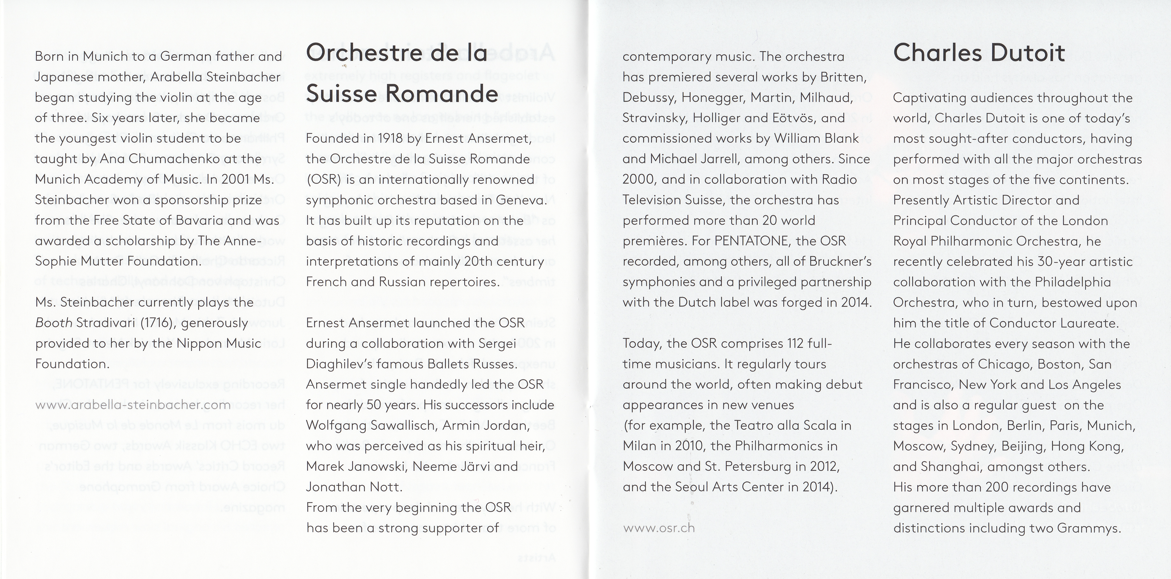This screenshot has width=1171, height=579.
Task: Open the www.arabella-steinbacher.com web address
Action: (133, 405)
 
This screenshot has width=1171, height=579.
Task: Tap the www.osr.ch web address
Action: (659, 528)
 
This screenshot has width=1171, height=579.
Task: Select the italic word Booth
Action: (54, 323)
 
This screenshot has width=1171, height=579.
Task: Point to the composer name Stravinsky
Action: (655, 118)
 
